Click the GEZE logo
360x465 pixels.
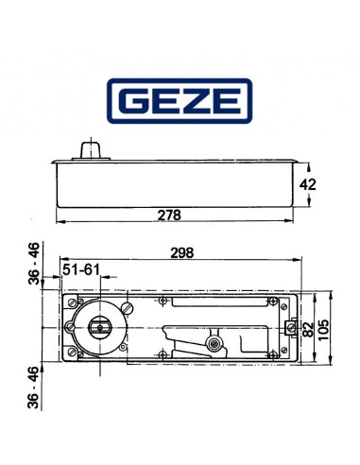pyautogui.click(x=180, y=102)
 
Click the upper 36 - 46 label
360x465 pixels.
pyautogui.click(x=33, y=263)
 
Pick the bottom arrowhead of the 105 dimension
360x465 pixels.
pyautogui.click(x=329, y=363)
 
